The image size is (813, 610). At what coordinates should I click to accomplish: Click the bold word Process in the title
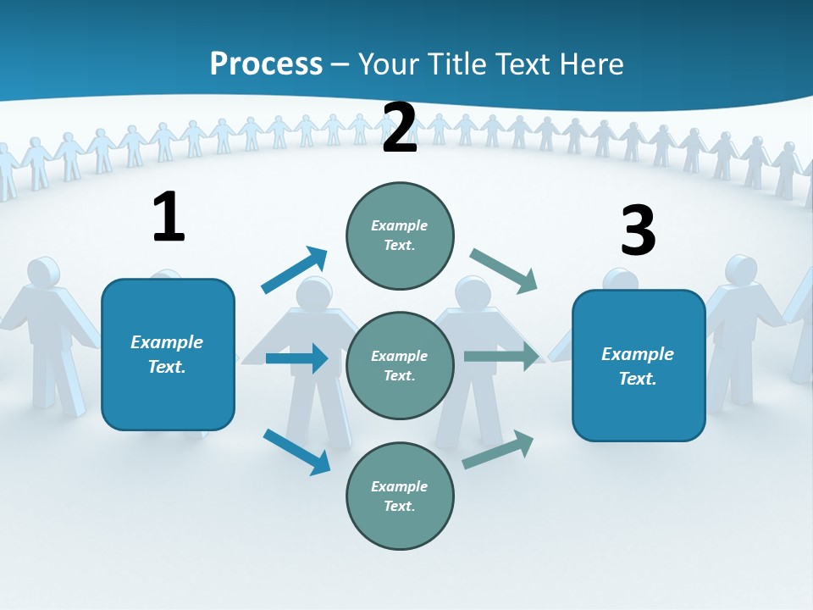coord(266,64)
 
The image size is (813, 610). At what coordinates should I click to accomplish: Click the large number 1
coord(169,217)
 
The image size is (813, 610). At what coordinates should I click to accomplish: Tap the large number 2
coord(400,128)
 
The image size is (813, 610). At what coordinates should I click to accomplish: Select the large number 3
coord(638,230)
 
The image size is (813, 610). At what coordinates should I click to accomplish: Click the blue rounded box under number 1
coord(168,354)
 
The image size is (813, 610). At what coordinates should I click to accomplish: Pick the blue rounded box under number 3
coord(639,365)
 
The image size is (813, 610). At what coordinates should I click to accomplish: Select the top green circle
coord(400,236)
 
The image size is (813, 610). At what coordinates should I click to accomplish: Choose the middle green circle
coord(400,365)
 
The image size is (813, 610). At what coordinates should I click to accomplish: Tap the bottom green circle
coord(400,496)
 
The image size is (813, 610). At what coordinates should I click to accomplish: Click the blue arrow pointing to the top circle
coord(295,269)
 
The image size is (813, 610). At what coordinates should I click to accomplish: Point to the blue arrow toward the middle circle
coord(296,358)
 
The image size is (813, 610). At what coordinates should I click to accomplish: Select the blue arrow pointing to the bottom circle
coord(296,452)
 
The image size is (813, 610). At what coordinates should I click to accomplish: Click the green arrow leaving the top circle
coord(504,270)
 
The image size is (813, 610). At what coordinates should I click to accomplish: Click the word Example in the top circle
coord(400,225)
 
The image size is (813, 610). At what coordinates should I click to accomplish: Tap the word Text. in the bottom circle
coord(400,506)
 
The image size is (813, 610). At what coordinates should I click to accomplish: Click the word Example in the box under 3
coord(638,354)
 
